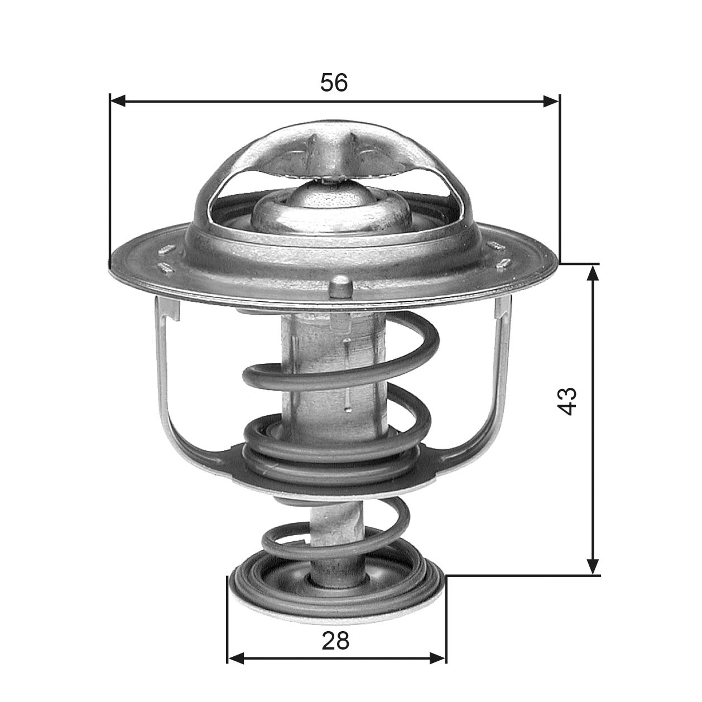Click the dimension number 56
(x=334, y=83)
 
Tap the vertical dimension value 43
(x=567, y=400)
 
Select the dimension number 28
(x=335, y=641)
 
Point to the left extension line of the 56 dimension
(x=110, y=179)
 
